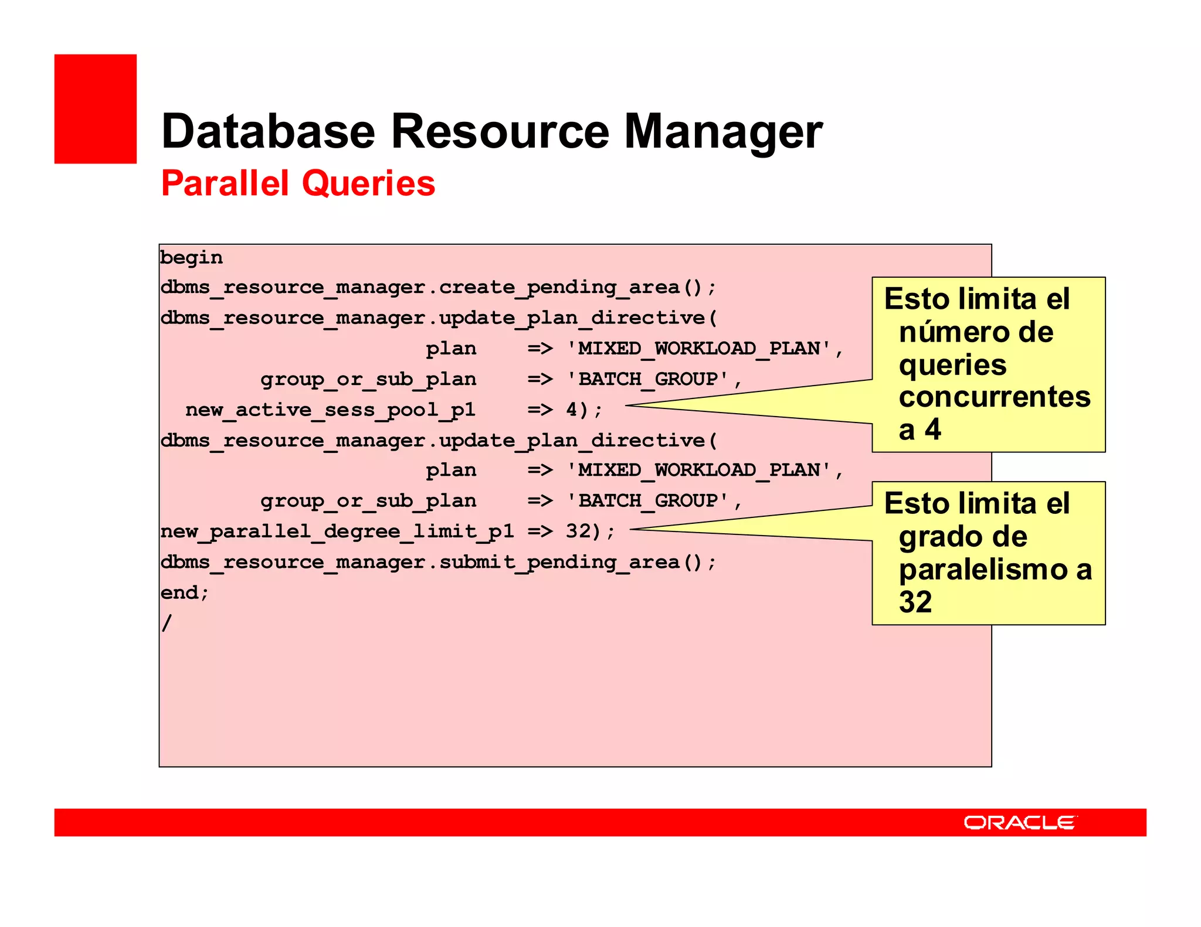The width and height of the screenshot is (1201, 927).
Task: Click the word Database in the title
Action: pos(267,132)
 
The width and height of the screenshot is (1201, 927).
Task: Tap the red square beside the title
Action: pos(96,109)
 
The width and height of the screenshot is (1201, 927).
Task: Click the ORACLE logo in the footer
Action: pos(1020,823)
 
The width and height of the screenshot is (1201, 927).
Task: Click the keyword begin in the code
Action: pos(191,258)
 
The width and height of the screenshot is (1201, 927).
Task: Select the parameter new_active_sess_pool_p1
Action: pos(330,410)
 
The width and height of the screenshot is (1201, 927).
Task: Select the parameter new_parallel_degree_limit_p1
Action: pos(337,531)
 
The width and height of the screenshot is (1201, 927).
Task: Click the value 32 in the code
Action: pos(578,531)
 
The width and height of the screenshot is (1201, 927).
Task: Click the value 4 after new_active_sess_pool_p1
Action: pos(572,409)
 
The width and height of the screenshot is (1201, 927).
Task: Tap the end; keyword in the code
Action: pos(184,592)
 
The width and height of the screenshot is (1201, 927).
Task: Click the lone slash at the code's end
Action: pos(167,622)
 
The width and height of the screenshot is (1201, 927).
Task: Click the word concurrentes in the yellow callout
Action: pos(995,397)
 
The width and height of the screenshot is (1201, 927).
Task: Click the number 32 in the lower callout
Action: pos(915,602)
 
